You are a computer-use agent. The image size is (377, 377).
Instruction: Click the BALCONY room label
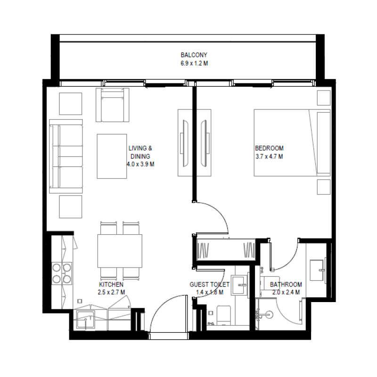[193, 55]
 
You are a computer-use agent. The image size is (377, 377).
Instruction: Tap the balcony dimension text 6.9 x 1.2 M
[193, 63]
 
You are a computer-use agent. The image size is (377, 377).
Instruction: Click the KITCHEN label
[111, 285]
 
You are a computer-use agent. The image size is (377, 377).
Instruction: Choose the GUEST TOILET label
[209, 285]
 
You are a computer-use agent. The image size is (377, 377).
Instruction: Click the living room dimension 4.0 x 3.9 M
[140, 164]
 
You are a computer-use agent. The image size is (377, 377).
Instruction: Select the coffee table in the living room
[112, 156]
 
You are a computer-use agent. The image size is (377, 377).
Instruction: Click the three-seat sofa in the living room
[66, 156]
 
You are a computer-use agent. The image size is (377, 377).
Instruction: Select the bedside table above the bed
[323, 98]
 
